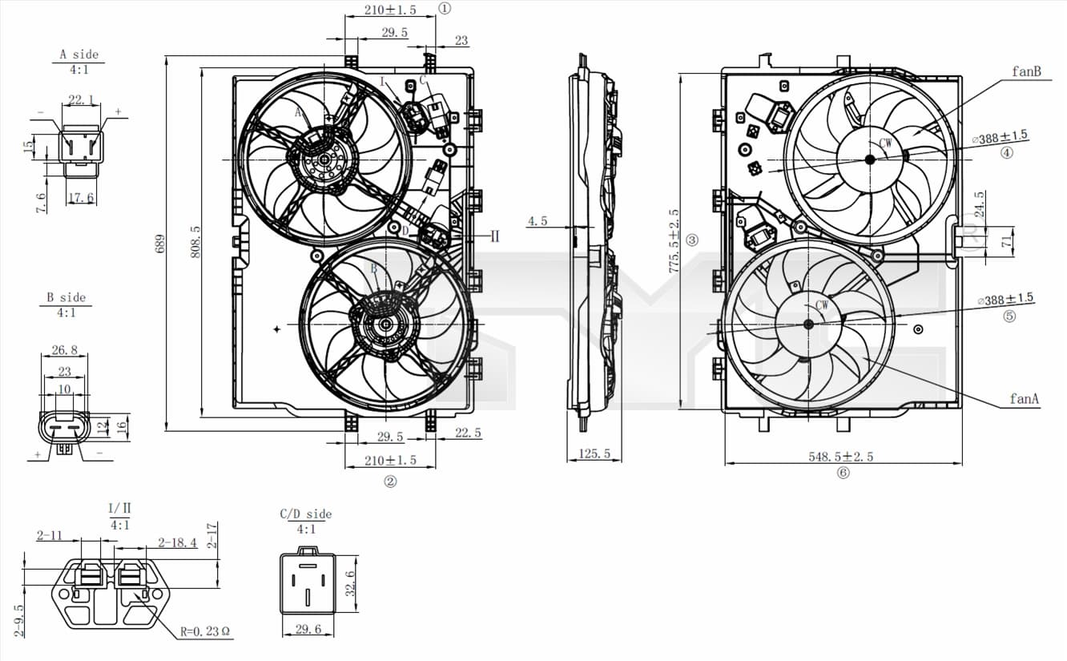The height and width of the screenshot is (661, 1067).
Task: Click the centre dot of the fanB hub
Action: [870, 159]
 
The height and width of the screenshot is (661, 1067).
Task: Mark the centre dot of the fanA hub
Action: [808, 324]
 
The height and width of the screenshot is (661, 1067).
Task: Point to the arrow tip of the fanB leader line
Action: [914, 134]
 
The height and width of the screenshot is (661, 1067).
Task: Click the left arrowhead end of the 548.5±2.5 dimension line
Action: [725, 463]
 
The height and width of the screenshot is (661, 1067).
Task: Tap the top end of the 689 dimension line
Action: [167, 56]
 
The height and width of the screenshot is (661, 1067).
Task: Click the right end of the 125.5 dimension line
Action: [622, 461]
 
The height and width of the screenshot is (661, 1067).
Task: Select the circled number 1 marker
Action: [445, 8]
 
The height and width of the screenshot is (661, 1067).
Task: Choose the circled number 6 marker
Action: [844, 473]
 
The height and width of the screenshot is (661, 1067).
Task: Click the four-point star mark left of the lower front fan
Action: [276, 328]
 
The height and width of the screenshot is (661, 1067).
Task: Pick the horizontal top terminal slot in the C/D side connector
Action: [308, 566]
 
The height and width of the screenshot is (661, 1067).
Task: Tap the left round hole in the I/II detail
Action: [64, 594]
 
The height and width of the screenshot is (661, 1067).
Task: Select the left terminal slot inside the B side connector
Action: [54, 428]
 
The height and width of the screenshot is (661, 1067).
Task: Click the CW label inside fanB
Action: [885, 143]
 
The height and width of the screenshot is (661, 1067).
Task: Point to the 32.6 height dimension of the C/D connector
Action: [351, 583]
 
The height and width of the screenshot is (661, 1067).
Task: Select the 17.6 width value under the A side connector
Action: [81, 197]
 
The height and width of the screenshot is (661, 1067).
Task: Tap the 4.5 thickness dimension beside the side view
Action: [538, 220]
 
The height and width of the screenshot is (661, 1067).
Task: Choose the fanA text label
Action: [1024, 398]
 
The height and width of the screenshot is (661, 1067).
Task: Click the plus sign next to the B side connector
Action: [38, 454]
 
